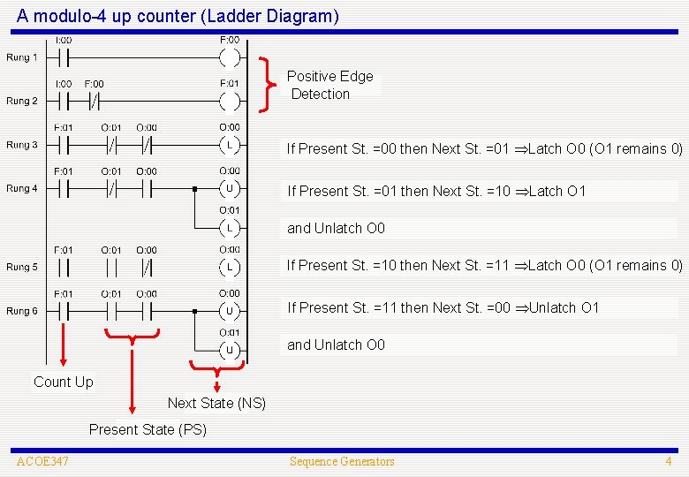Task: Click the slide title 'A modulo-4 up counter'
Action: click(x=177, y=16)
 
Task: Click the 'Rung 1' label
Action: click(x=22, y=57)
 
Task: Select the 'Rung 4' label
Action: click(x=22, y=188)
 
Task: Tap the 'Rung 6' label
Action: click(x=22, y=311)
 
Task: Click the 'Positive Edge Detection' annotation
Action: click(x=330, y=85)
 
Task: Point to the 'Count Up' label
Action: click(x=63, y=382)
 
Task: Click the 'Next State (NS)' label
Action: click(x=216, y=403)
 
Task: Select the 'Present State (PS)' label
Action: click(x=148, y=429)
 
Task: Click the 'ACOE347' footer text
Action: click(x=42, y=461)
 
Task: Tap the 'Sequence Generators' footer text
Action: click(x=342, y=461)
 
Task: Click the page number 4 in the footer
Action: click(x=669, y=461)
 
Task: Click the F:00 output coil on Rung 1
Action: click(x=229, y=58)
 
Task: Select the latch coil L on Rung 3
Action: click(x=229, y=145)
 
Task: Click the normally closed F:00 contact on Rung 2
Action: click(x=94, y=101)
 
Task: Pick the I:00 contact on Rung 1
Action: click(x=63, y=58)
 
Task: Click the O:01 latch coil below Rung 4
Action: click(x=229, y=228)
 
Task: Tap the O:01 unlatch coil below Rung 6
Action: click(x=229, y=350)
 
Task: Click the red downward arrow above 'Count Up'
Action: click(x=63, y=344)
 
